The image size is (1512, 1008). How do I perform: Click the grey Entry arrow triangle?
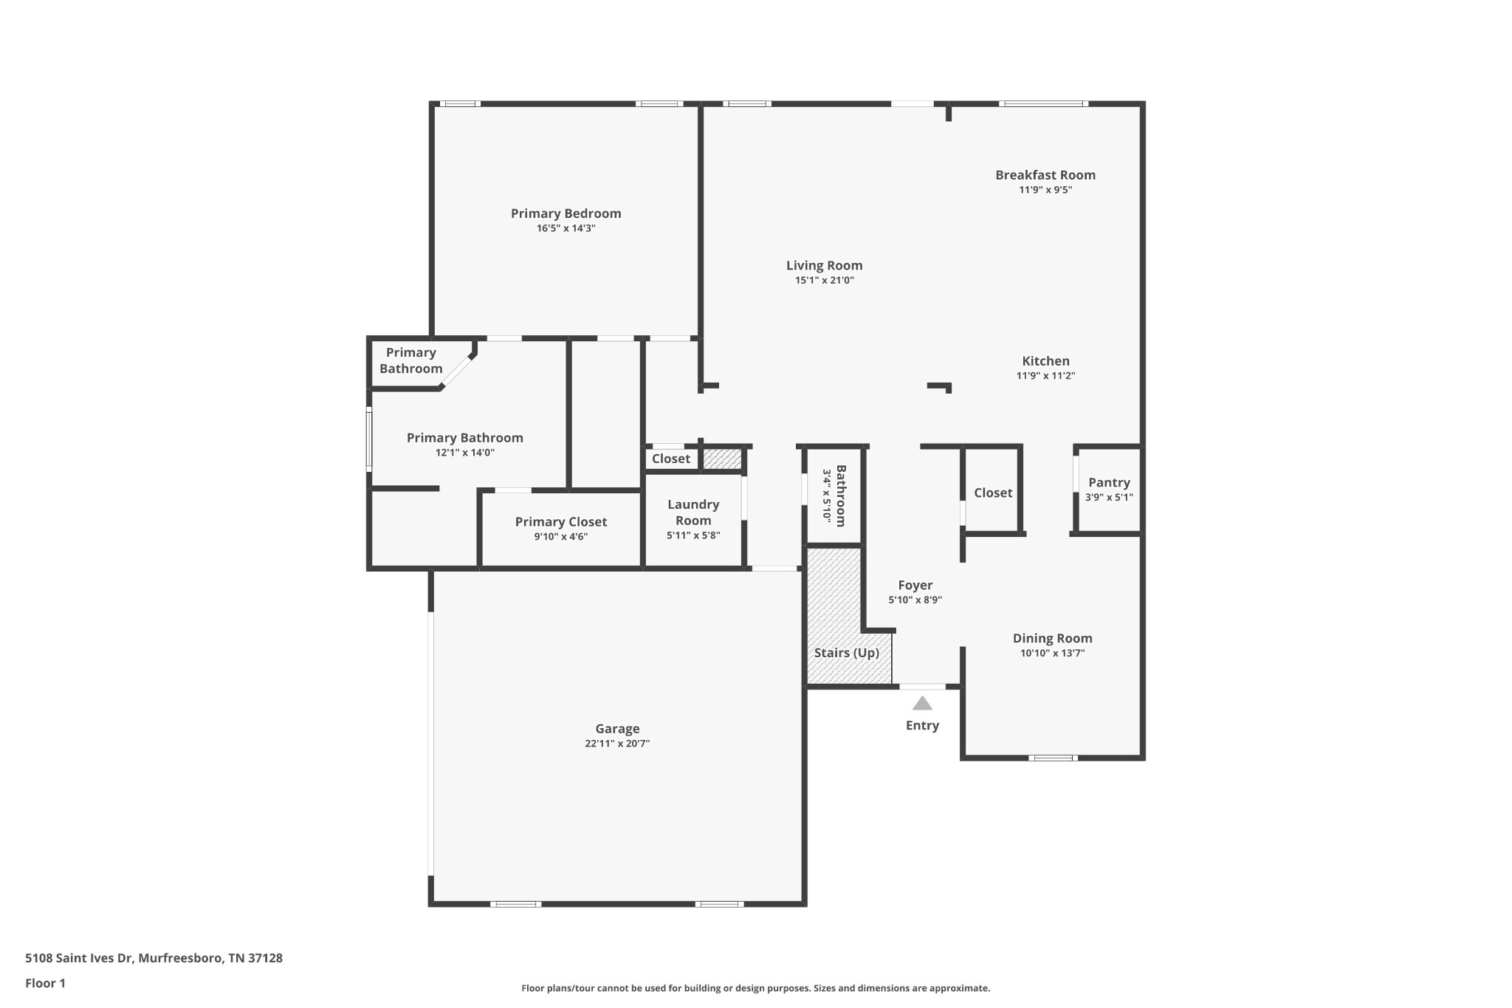922,703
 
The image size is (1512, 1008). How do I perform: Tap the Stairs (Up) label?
847,653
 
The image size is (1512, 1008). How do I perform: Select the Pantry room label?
1109,482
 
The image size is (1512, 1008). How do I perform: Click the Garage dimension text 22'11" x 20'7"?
617,744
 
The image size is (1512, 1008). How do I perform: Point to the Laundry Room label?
693,512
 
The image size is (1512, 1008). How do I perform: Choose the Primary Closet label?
561,522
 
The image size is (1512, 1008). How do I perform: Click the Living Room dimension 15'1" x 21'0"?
825,281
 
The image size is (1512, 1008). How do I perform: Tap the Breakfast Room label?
1045,175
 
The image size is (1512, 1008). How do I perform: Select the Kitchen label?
1045,361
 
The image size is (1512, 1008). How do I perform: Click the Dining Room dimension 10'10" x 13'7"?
1053,654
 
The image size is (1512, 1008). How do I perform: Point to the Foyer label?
915,586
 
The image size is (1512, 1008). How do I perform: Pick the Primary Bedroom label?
566,213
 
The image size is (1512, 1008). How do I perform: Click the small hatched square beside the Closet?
721,459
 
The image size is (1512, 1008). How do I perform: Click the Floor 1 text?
46,983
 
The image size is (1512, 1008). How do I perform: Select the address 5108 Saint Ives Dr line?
154,958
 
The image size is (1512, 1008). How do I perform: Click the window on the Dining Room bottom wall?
1053,758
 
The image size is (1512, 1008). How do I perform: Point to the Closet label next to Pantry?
993,493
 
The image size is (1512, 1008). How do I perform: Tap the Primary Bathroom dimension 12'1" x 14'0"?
465,453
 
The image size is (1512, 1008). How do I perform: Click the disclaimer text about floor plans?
756,988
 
